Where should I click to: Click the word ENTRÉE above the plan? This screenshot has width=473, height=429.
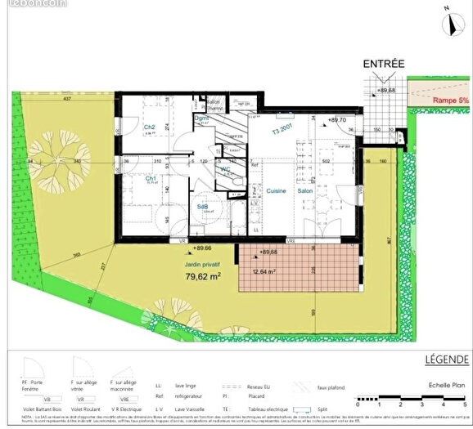385,63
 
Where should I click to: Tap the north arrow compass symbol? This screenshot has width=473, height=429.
448,24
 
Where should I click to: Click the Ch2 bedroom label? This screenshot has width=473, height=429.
150,127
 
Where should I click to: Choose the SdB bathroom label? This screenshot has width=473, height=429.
202,208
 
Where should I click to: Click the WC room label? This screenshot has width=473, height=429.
223,169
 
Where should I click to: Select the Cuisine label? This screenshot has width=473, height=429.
275,190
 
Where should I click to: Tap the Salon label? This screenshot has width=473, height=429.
305,190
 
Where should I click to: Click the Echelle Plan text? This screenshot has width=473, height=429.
448,383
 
